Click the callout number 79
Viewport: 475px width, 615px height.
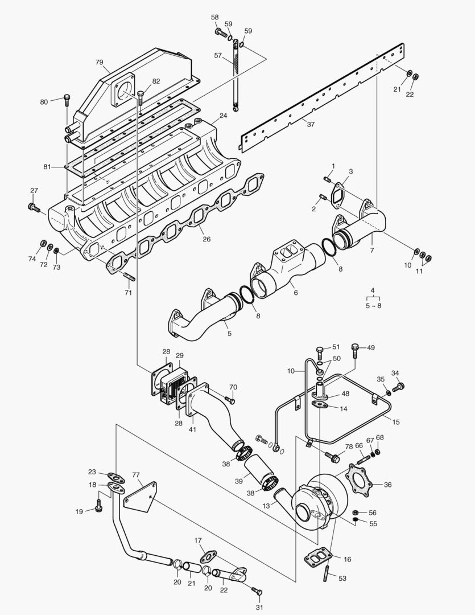(100, 62)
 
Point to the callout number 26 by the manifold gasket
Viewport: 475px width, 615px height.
(206, 239)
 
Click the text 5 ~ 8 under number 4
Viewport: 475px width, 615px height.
(373, 306)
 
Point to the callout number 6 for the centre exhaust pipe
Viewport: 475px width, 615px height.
(296, 292)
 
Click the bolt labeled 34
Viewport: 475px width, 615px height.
(400, 387)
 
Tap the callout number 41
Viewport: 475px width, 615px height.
(192, 429)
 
